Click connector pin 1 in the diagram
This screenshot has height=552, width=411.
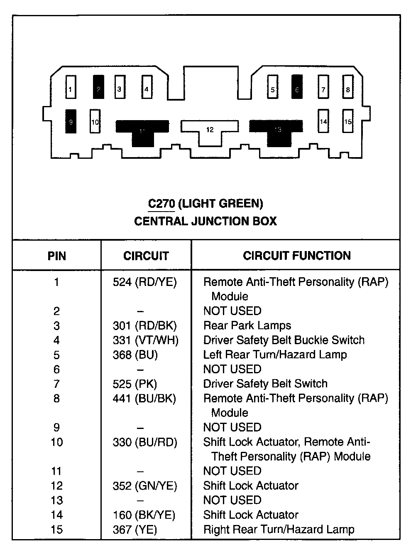[x=71, y=87]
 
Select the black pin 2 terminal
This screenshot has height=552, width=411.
[x=98, y=87]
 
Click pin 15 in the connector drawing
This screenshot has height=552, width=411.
[x=348, y=121]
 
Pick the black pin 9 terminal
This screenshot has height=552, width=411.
[x=71, y=121]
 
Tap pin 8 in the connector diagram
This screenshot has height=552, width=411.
[x=348, y=87]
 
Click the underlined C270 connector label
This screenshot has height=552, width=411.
[x=161, y=204]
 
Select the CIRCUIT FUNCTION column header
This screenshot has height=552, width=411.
[x=296, y=256]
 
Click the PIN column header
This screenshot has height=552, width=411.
[x=57, y=256]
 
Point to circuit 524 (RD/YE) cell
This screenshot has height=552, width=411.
[x=144, y=283]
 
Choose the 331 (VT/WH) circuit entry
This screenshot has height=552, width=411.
[x=145, y=340]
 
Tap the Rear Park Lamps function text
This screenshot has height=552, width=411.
[x=247, y=326]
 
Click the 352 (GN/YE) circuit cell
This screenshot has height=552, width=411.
[x=145, y=486]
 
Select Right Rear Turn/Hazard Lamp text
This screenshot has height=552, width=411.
[x=279, y=530]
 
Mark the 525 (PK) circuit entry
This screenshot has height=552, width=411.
[x=135, y=384]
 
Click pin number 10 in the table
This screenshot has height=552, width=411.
[x=57, y=442]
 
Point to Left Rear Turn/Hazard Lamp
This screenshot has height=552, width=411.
[x=275, y=355]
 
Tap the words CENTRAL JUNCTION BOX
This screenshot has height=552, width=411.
[x=205, y=221]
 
